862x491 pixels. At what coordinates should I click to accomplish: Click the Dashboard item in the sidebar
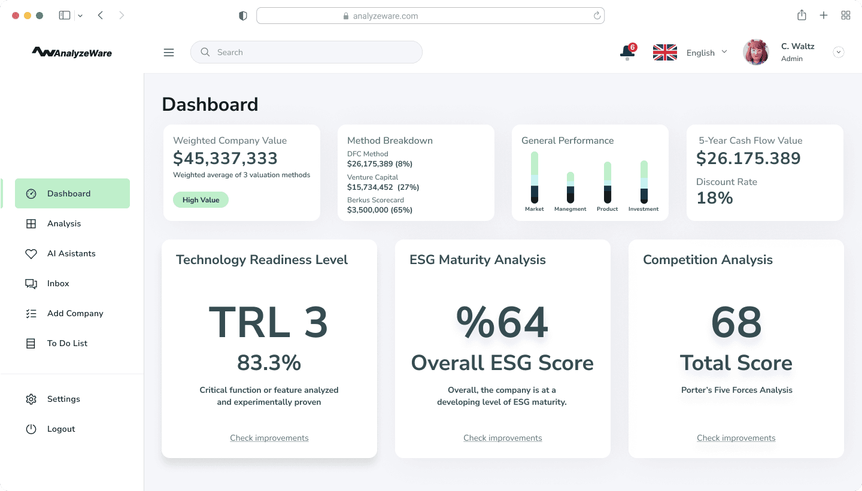[69, 193]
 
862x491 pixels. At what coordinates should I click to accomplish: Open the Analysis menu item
[63, 223]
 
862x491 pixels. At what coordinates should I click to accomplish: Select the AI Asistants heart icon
[31, 254]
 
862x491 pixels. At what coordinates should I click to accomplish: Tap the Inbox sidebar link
[58, 283]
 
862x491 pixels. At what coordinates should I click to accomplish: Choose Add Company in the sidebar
[75, 313]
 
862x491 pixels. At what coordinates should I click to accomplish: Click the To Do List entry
[67, 343]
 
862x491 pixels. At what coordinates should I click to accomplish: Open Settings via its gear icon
[31, 399]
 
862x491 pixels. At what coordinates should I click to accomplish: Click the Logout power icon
[31, 429]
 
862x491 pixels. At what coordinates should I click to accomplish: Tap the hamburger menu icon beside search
[169, 53]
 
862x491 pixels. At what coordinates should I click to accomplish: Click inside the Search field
[311, 53]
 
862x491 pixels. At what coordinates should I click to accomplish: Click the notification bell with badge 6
[627, 53]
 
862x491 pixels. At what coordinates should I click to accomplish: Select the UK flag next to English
[664, 53]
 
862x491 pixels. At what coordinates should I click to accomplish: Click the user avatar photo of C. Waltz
[755, 53]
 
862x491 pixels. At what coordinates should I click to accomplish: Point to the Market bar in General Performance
[535, 177]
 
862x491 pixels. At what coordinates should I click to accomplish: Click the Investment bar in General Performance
[644, 181]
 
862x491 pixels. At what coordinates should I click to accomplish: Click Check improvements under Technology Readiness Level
[269, 438]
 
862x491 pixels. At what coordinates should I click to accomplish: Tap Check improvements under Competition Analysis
[736, 438]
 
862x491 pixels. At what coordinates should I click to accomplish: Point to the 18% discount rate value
[715, 198]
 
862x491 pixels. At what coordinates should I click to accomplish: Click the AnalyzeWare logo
[72, 53]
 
